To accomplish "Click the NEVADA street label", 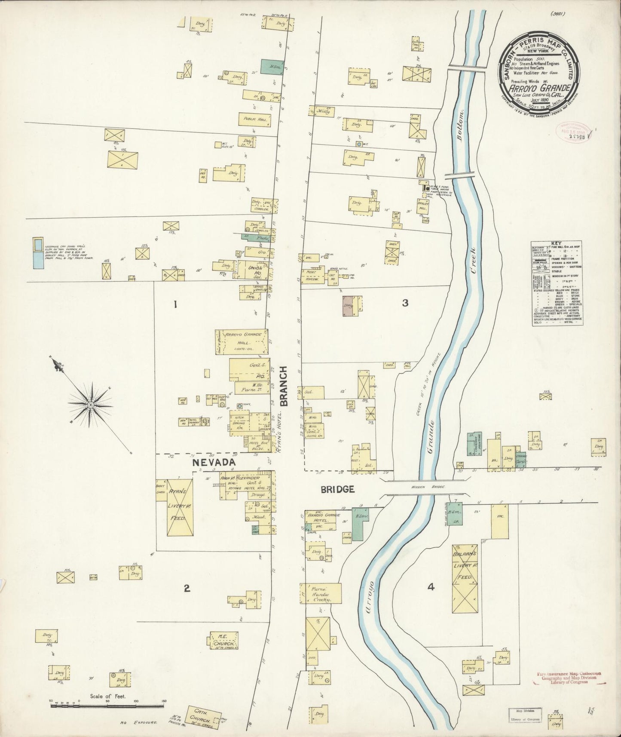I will pyautogui.click(x=214, y=463).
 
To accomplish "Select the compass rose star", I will pyautogui.click(x=91, y=405).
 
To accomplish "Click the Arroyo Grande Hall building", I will pyautogui.click(x=242, y=343).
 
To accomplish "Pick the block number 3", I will pyautogui.click(x=405, y=303).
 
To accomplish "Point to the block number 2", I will pyautogui.click(x=187, y=589).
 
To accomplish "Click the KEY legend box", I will pyautogui.click(x=557, y=283).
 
